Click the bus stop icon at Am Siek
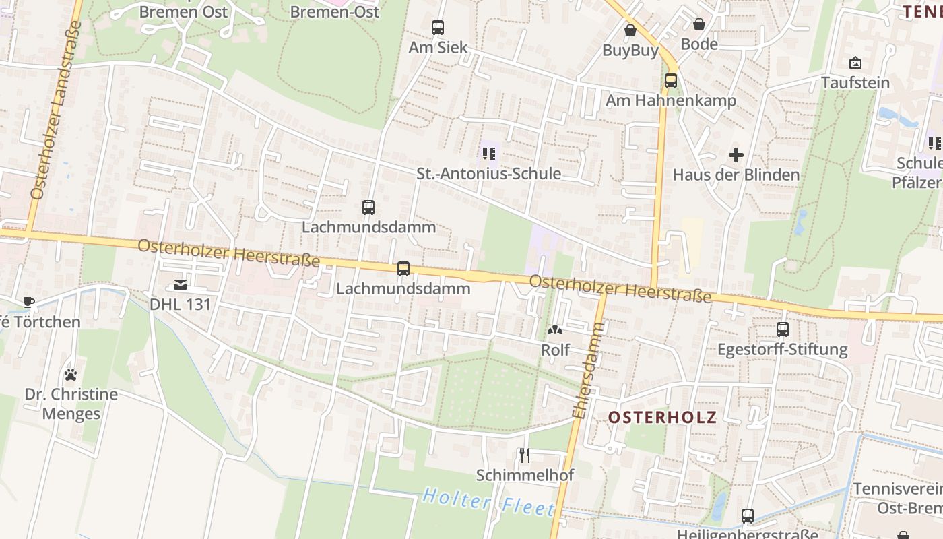(x=438, y=28)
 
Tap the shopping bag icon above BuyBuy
(x=630, y=30)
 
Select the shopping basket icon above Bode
(x=699, y=24)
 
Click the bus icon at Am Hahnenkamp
(x=671, y=81)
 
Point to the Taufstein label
(x=855, y=83)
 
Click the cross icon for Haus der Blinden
(x=736, y=155)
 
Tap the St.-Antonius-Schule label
(x=488, y=173)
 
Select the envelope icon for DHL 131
(x=181, y=285)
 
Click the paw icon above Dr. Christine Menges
(x=71, y=374)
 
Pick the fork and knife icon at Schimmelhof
(x=525, y=455)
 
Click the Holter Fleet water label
(x=488, y=503)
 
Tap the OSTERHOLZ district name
(x=663, y=417)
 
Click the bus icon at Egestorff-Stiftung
(x=783, y=329)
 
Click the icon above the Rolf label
(x=555, y=330)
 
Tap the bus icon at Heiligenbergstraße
(x=748, y=516)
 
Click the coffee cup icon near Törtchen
(x=28, y=302)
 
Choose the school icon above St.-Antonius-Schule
(x=489, y=154)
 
